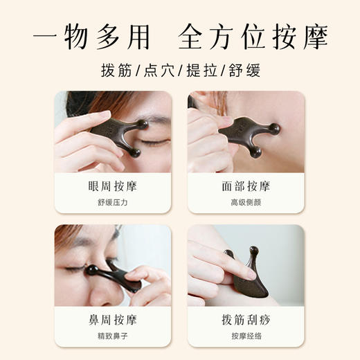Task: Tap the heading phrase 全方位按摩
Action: point(253,36)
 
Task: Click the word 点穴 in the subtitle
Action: point(160,71)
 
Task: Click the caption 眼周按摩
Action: point(112,186)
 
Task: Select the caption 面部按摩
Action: point(246,186)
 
